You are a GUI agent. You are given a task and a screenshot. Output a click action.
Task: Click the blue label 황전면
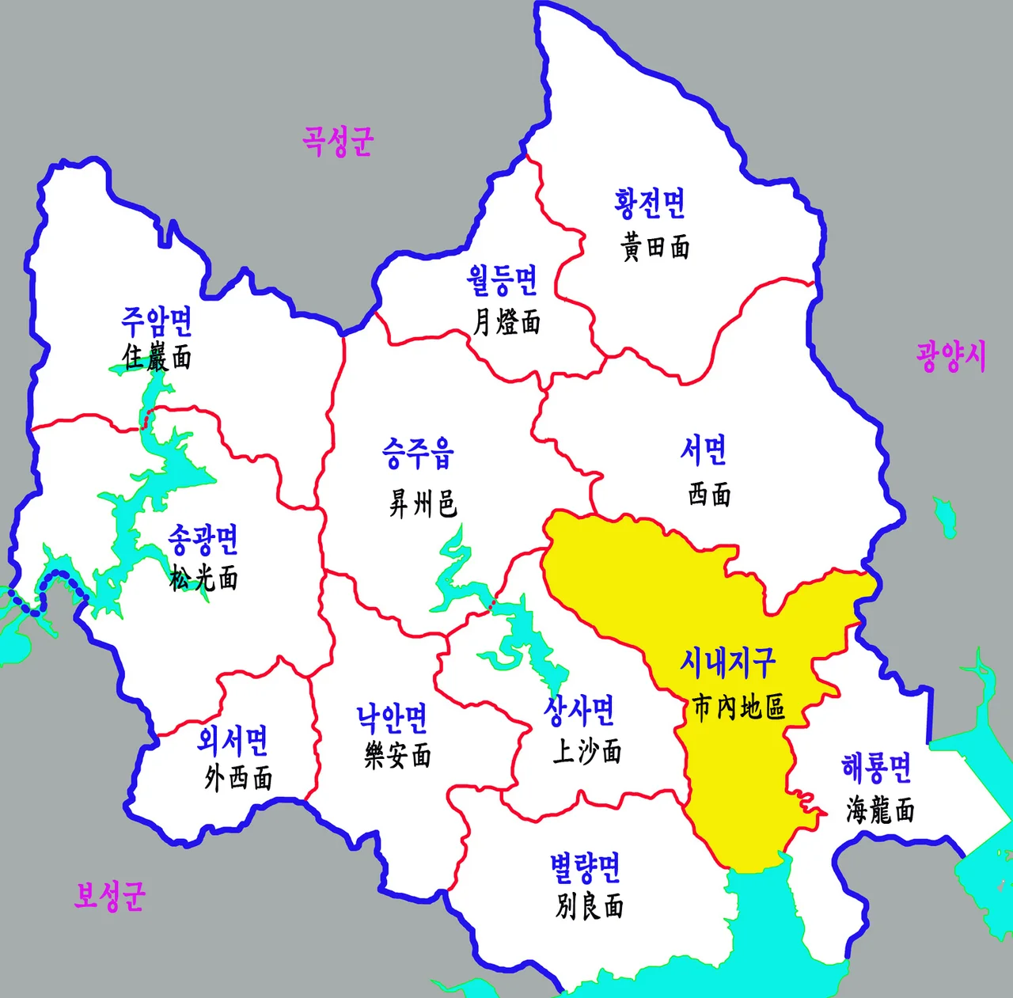(650, 203)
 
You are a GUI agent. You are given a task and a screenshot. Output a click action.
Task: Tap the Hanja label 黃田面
(655, 248)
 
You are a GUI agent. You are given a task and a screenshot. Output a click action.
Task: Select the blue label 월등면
(502, 279)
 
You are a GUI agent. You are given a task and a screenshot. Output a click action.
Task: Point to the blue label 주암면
(157, 321)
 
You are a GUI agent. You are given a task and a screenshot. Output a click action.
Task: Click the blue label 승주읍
(418, 453)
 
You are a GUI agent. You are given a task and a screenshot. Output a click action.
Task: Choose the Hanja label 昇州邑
(423, 503)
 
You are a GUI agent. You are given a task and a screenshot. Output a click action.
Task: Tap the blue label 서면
(704, 450)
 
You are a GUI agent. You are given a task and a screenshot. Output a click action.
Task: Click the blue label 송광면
(203, 540)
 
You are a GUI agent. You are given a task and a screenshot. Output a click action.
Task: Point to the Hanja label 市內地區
(738, 707)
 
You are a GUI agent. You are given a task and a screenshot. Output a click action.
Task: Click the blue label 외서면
(233, 740)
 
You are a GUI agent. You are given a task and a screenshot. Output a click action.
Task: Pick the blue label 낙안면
(392, 718)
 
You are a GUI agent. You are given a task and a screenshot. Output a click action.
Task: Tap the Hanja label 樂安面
(398, 756)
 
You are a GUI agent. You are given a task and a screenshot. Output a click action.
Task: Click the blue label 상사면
(579, 710)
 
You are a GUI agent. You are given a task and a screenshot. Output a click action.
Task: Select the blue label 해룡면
(876, 767)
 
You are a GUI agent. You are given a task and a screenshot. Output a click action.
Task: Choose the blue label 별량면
(586, 868)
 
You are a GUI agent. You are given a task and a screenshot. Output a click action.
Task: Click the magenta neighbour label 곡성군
(337, 141)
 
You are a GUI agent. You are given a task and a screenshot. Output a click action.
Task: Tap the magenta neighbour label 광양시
(951, 356)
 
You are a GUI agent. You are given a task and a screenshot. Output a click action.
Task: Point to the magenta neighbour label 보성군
(110, 896)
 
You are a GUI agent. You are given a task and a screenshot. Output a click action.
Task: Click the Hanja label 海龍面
(880, 810)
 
